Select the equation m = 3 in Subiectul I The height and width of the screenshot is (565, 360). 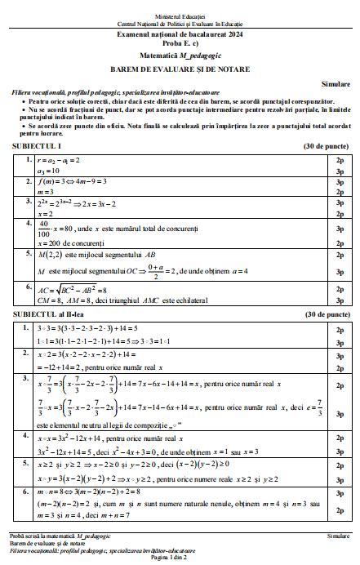coord(47,192)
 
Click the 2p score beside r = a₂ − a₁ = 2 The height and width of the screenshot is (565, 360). coord(338,161)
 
